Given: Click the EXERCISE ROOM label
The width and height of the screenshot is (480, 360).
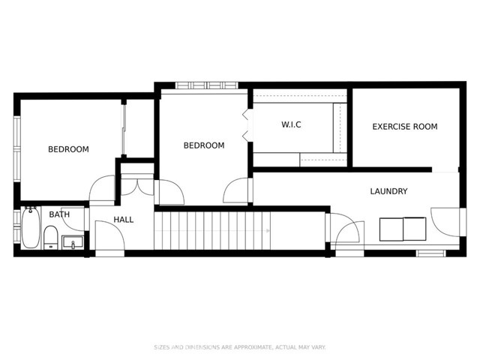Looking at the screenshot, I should click(404, 127).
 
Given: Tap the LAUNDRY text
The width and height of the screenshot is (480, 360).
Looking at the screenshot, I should click(388, 191).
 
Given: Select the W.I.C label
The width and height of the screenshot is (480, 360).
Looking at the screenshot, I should click(291, 124).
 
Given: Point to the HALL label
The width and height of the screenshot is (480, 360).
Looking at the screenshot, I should click(124, 220).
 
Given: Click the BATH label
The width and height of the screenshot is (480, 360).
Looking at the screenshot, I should click(59, 214).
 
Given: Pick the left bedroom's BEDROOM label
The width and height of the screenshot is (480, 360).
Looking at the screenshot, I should click(68, 149).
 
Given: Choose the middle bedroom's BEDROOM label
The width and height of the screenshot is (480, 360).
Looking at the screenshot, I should click(204, 145).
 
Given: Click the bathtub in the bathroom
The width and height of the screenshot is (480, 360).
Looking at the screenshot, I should click(31, 228).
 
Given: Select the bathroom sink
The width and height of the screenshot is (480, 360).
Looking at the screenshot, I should click(73, 242).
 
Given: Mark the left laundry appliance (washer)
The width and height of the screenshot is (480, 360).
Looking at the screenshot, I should click(391, 229).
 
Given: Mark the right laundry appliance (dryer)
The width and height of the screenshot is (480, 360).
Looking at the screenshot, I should click(415, 229).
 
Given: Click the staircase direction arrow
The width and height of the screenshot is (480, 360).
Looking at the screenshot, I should click(268, 231).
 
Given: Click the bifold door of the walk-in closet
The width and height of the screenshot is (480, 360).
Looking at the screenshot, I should click(245, 124).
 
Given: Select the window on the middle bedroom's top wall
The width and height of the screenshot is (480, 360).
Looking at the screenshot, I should click(201, 85).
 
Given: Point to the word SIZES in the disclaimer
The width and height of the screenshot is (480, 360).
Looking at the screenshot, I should click(161, 347).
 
